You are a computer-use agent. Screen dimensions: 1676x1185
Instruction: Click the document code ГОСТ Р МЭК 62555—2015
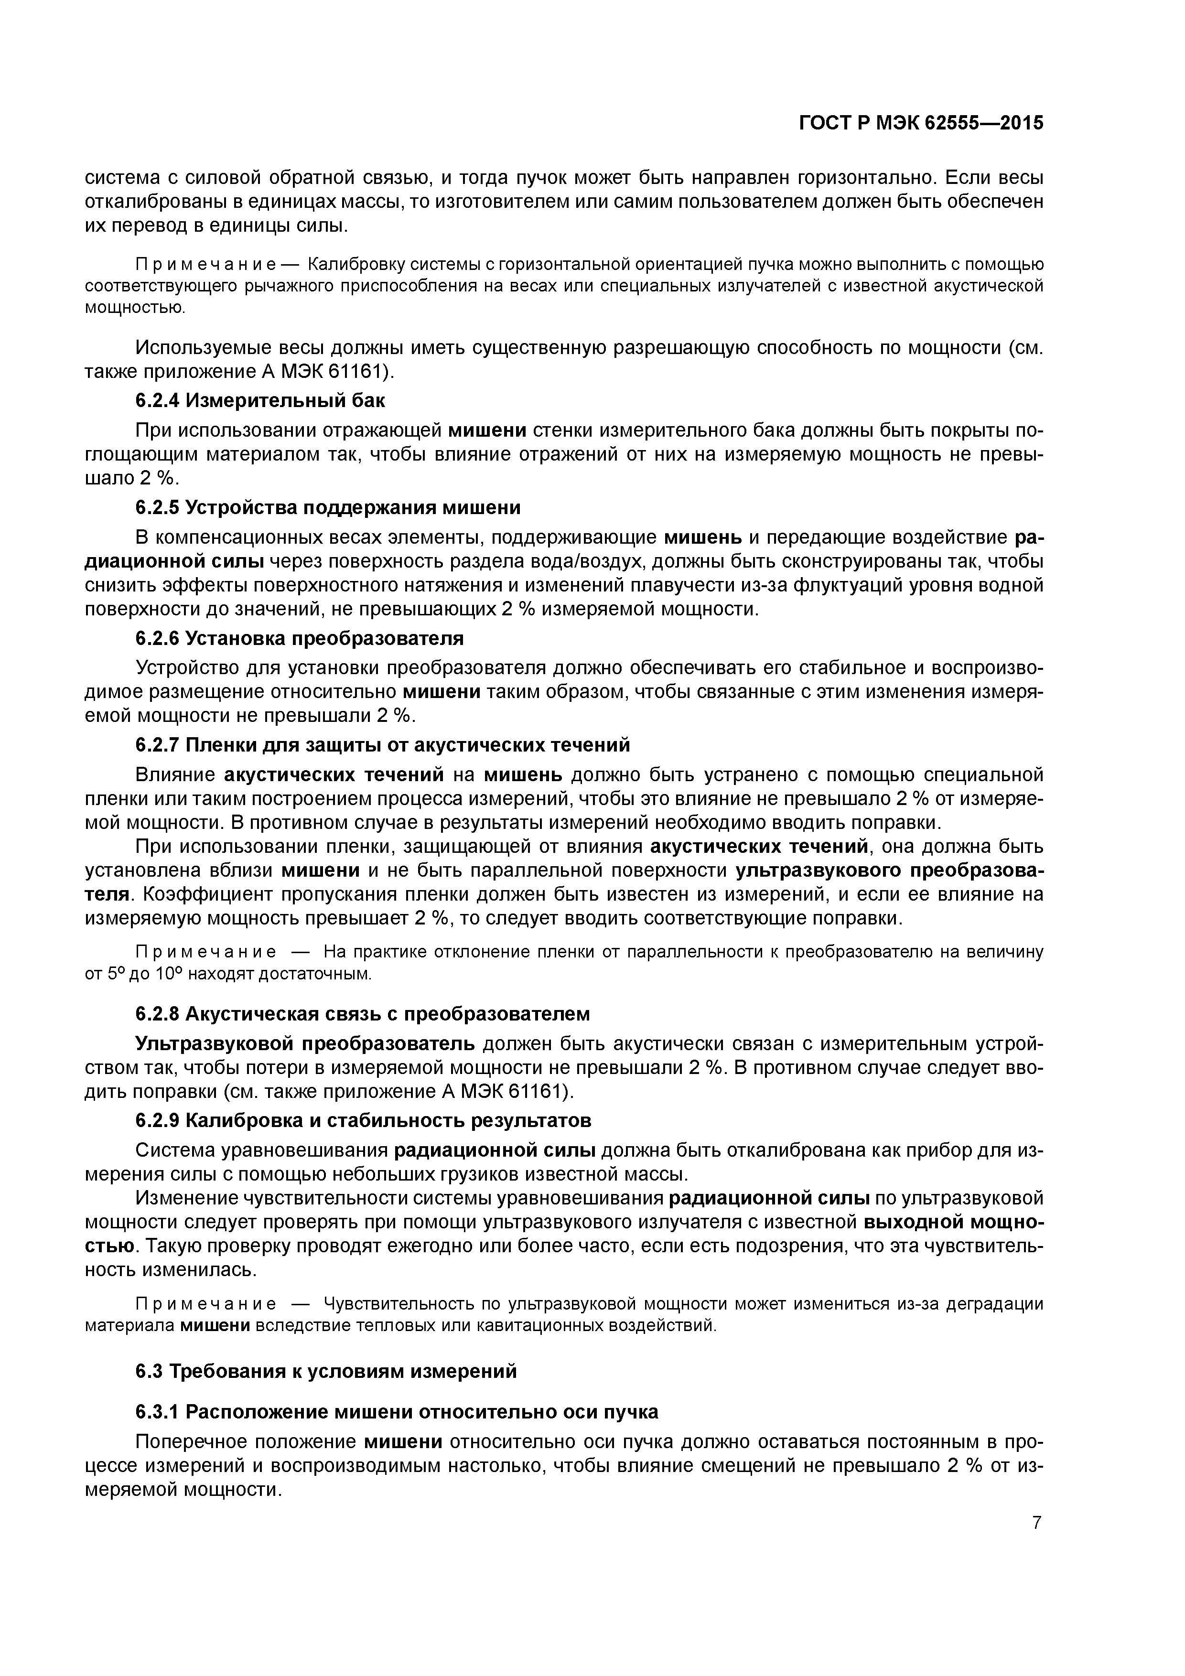921,123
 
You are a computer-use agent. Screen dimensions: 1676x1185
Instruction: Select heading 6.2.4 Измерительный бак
261,401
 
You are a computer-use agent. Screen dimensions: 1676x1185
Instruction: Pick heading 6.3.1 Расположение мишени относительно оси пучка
397,1412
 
